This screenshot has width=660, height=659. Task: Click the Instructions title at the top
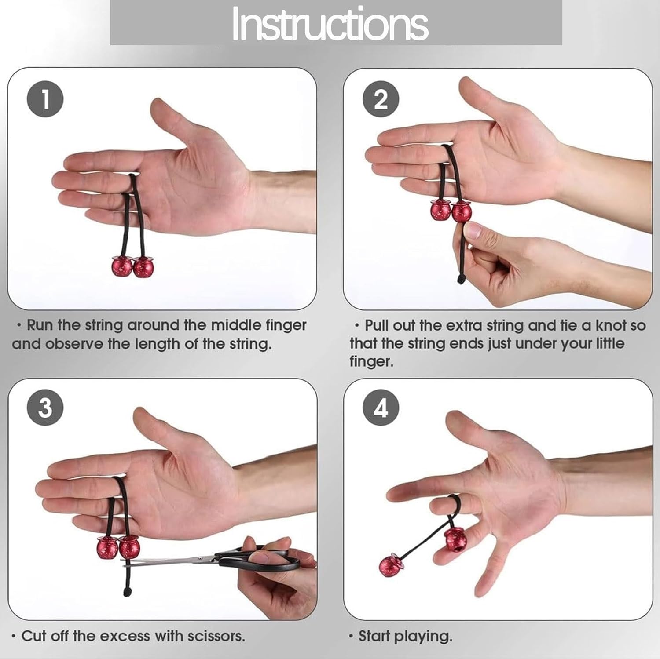tap(330, 24)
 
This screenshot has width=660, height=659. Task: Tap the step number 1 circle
tap(45, 99)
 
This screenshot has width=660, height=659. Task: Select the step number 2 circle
tap(381, 99)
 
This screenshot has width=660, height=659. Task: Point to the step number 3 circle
tap(45, 408)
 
